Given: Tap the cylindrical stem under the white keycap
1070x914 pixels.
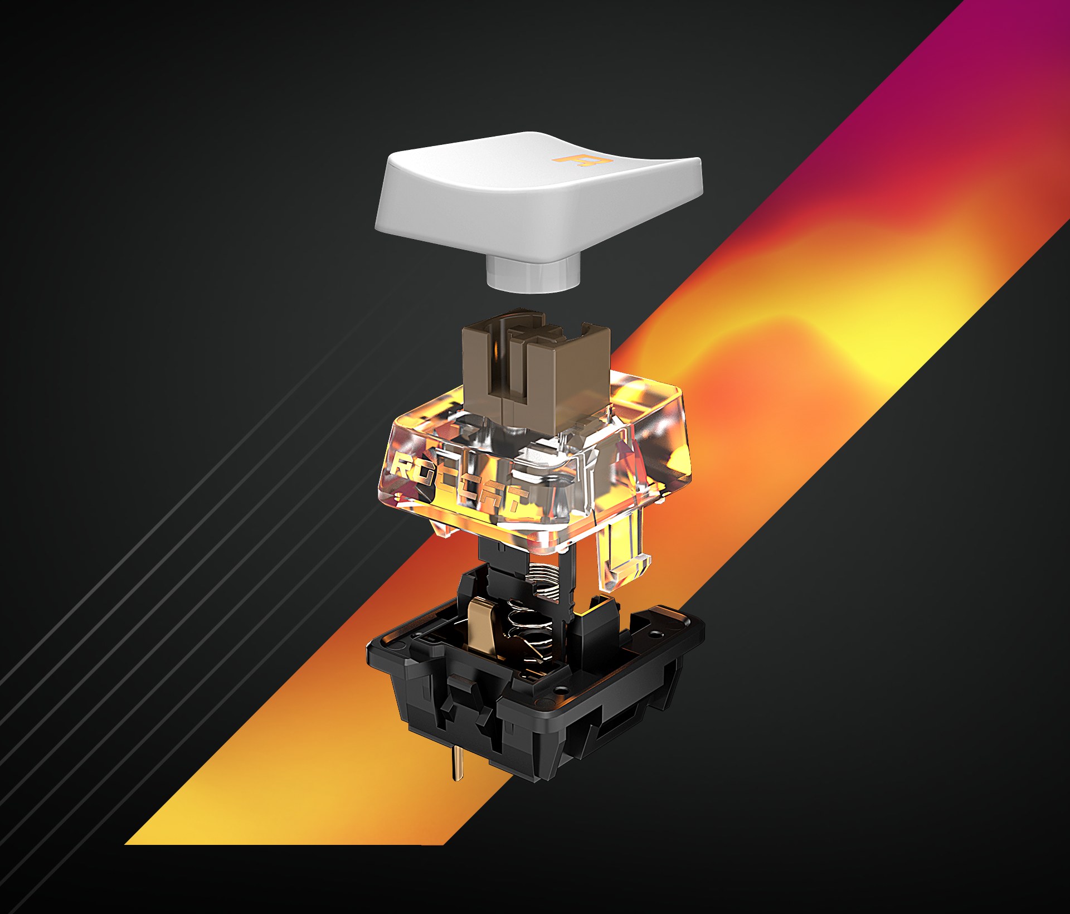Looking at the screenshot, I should pyautogui.click(x=532, y=274).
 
